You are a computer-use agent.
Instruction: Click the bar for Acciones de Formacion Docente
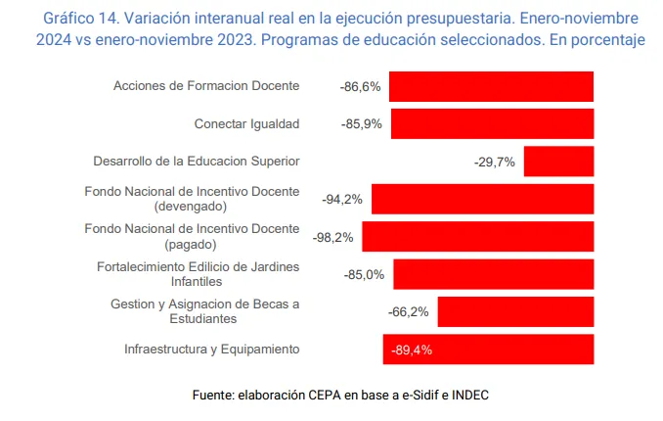tap(491, 86)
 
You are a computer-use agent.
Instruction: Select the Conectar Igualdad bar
tap(493, 123)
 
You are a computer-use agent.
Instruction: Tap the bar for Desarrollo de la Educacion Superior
tap(558, 162)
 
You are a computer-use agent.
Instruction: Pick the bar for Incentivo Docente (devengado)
tap(482, 199)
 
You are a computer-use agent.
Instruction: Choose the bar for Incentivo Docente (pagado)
tap(478, 236)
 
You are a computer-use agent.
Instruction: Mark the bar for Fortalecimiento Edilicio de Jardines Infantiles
tap(494, 274)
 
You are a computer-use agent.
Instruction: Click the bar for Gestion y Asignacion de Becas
tap(515, 311)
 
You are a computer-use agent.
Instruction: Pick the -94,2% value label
tap(342, 200)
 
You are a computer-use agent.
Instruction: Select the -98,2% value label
tap(333, 237)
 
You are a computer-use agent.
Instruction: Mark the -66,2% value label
tap(409, 312)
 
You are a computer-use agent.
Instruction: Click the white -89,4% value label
tap(411, 350)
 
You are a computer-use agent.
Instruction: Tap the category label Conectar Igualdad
tap(246, 124)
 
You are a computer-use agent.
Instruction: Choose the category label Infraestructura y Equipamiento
tap(211, 350)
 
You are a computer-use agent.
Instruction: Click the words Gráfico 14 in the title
tap(82, 19)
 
